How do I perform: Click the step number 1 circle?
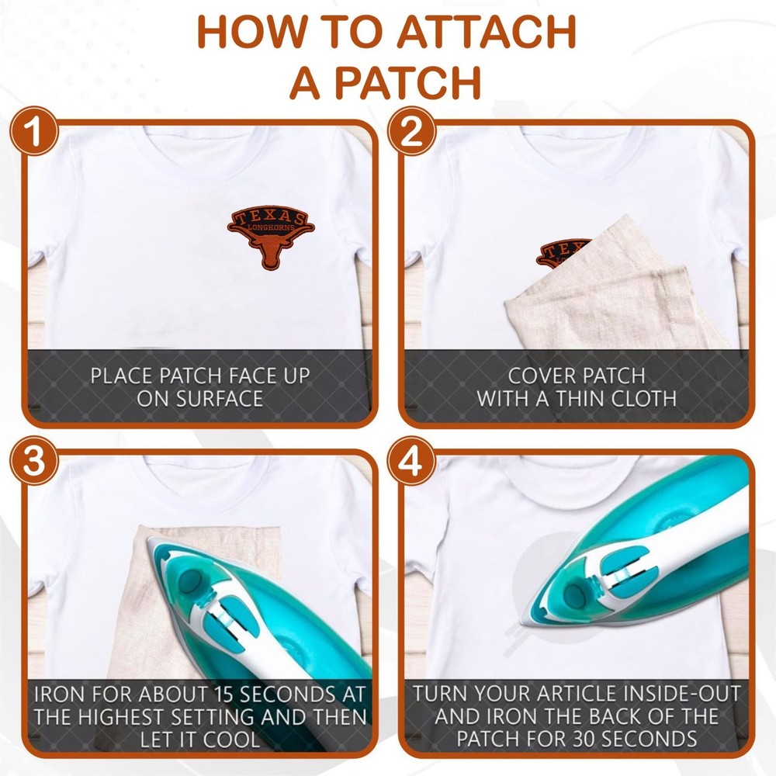pos(34,131)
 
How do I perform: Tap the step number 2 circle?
pos(411,131)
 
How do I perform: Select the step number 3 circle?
pos(34,461)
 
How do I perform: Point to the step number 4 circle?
pos(411,461)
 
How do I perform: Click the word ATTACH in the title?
pos(486,32)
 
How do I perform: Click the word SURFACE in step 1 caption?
pos(199,399)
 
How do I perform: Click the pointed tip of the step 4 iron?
pos(521,622)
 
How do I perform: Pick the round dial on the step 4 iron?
pos(574,596)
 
